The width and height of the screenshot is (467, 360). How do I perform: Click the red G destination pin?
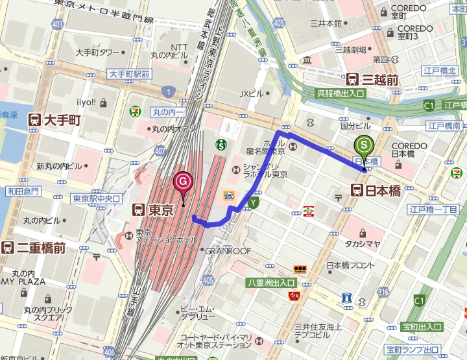pos(184,182)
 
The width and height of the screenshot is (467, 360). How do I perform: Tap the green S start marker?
pos(365,146)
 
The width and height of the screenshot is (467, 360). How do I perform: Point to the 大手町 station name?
pos(63,120)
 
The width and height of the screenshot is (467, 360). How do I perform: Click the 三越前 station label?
pos(380,80)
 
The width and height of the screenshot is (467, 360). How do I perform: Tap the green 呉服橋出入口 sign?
pos(341,93)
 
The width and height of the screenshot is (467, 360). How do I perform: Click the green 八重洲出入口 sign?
pos(270,283)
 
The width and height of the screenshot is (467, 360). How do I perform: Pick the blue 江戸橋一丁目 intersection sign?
pos(433,210)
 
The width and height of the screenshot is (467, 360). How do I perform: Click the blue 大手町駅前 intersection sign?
pos(129,75)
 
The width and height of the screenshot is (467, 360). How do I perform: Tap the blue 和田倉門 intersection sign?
pos(23,191)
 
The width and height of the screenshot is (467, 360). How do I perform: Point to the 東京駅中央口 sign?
pos(96,198)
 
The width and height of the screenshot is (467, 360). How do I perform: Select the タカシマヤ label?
pos(363,244)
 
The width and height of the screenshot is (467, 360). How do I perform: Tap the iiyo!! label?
pos(86,102)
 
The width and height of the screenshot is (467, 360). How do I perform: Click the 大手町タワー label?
pos(97,53)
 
